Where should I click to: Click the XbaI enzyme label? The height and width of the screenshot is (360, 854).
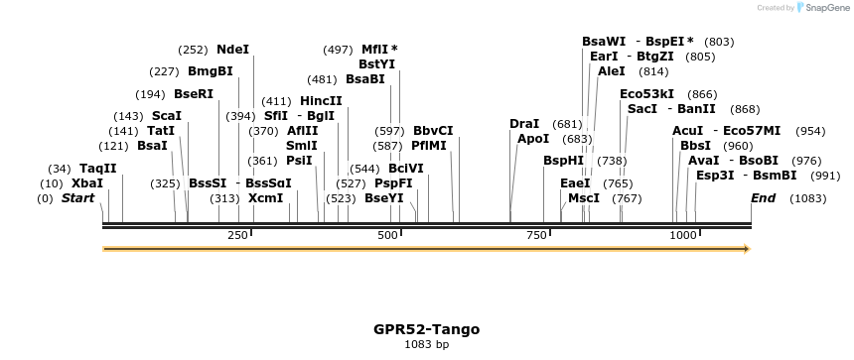(x=86, y=183)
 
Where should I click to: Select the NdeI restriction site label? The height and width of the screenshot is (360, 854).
(x=233, y=49)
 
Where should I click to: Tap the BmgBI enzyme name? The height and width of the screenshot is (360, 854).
(x=211, y=70)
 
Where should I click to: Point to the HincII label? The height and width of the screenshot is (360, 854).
(x=321, y=100)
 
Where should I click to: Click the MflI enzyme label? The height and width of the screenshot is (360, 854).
(x=375, y=49)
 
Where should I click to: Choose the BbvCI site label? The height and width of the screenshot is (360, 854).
(x=433, y=130)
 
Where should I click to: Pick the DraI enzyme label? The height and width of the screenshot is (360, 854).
(x=524, y=123)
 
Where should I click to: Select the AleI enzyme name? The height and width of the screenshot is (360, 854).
(x=612, y=70)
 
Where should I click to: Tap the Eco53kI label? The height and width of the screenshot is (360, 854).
(x=647, y=93)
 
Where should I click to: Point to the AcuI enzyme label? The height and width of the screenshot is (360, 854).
(x=688, y=130)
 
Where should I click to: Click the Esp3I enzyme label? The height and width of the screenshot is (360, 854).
(x=715, y=175)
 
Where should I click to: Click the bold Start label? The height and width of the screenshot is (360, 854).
(x=77, y=198)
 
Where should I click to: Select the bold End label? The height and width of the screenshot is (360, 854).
(x=763, y=198)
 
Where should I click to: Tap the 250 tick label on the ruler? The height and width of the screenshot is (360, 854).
(x=237, y=235)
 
